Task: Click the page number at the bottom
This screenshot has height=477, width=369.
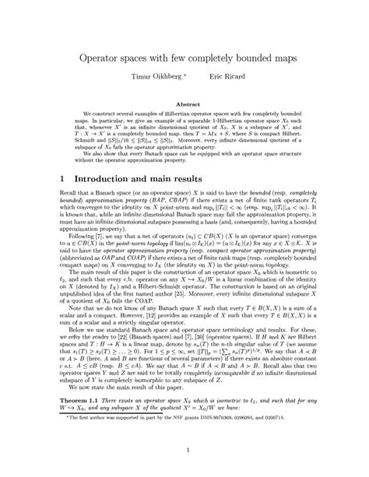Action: coord(184,450)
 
